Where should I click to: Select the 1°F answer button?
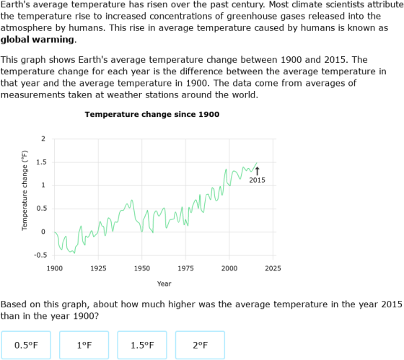coord(84,345)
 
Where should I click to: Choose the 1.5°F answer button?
coord(141,345)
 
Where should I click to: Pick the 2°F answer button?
coord(199,345)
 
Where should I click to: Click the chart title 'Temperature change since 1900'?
coord(152,114)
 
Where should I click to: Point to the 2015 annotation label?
coord(257,180)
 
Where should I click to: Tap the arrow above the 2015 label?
coord(258,170)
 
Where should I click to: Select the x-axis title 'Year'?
coord(164,284)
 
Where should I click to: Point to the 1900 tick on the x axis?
coord(54,268)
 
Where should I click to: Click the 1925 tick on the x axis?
coord(98,268)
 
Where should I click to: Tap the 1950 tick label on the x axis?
coord(141,268)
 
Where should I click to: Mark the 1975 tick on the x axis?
coord(185,268)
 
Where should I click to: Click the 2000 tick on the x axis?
coord(229,268)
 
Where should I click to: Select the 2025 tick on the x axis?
coord(273,268)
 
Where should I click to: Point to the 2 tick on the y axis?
coord(43,139)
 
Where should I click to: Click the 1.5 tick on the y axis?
coord(41,162)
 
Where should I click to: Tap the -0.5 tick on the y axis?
coord(40,255)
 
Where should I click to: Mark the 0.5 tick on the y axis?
coord(41,208)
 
